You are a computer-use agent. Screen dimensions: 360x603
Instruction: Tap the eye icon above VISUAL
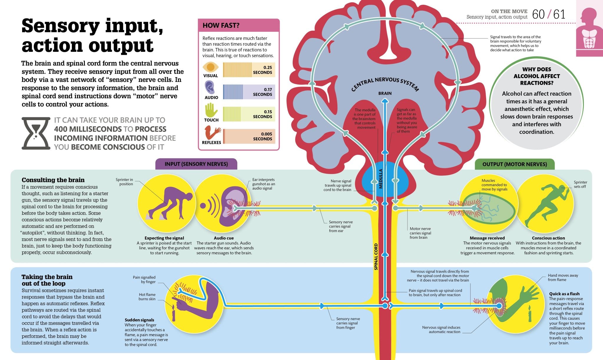click(211, 67)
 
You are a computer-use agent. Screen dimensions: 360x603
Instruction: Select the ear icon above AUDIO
click(210, 88)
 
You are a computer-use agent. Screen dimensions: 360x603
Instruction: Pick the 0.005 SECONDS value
click(262, 136)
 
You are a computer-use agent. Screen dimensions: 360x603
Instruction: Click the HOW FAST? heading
click(221, 26)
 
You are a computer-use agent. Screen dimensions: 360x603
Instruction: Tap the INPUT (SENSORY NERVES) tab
click(196, 164)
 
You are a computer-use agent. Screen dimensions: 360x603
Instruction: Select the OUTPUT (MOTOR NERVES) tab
click(514, 164)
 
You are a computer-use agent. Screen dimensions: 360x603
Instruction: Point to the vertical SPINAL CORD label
click(376, 256)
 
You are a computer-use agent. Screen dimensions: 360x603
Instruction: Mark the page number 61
click(559, 14)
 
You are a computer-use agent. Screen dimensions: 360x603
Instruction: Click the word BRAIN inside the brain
click(385, 93)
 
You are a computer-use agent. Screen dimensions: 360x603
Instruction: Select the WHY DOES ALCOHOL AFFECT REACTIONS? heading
click(536, 76)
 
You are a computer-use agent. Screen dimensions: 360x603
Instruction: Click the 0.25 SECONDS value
click(262, 70)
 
